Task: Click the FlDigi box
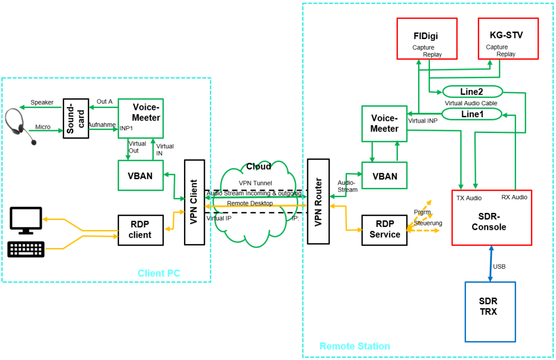(x=427, y=38)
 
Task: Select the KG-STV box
(x=508, y=38)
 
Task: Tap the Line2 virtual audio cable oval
(x=472, y=92)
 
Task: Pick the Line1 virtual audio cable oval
(x=471, y=114)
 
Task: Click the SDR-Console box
(x=491, y=217)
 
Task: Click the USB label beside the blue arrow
(x=500, y=267)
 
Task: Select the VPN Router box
(x=318, y=201)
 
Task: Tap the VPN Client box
(x=194, y=201)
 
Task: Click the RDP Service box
(x=384, y=230)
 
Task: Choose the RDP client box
(x=140, y=230)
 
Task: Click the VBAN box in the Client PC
(x=140, y=175)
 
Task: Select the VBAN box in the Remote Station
(x=384, y=175)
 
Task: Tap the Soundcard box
(x=75, y=118)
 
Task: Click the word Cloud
(x=258, y=166)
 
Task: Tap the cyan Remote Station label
(x=355, y=346)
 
